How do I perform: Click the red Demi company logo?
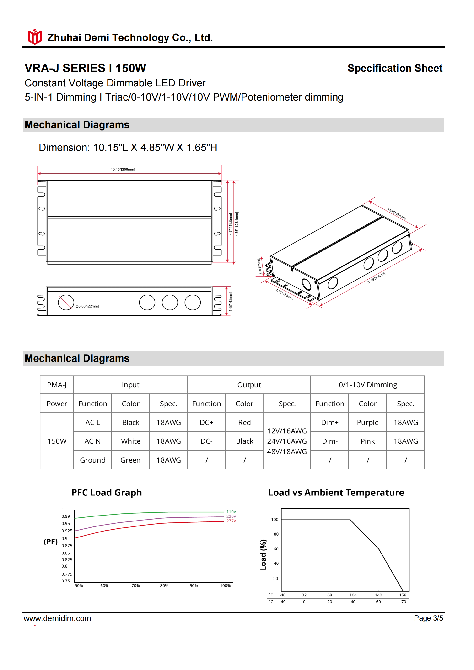coord(34,37)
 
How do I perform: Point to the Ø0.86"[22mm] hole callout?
coord(87,306)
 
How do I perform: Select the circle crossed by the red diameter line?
coord(66,302)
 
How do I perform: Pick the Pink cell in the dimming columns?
coord(367,441)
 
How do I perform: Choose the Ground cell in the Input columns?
coord(93,460)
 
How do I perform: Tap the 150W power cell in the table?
coord(57,441)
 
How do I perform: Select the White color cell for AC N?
coord(130,441)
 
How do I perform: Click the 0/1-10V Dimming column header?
coord(368,385)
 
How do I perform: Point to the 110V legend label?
coord(231,512)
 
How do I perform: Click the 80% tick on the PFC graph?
coord(164,586)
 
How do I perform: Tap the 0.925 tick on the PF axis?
coord(67,531)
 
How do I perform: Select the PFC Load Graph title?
coord(107,493)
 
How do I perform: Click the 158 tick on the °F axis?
coord(403,595)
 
